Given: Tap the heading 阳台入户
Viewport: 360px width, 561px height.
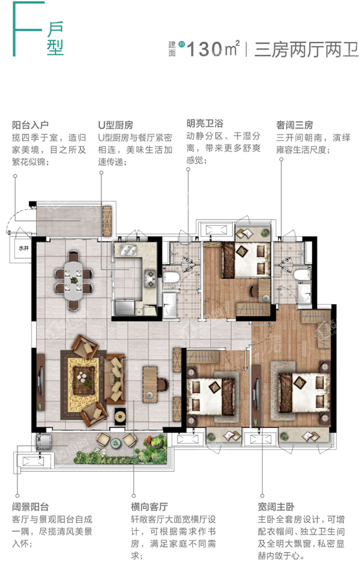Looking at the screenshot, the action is point(30,125).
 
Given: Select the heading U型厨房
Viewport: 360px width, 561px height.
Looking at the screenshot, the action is point(115,125).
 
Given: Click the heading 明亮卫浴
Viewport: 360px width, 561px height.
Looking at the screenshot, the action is point(205,123).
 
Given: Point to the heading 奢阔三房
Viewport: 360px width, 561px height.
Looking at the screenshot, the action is point(295,125).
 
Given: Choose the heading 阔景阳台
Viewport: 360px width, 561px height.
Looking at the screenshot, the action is point(30,507).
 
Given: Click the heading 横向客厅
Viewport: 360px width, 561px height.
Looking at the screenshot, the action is point(149,507).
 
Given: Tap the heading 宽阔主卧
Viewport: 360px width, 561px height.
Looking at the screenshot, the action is point(276,507).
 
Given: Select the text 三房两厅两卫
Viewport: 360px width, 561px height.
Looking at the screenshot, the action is point(306,49).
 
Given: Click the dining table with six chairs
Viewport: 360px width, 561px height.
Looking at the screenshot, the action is point(74,280).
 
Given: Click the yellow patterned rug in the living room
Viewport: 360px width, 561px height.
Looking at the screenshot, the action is point(84,385).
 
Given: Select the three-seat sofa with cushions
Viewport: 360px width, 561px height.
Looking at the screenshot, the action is point(115,379).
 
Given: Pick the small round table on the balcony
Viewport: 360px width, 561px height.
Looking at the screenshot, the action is point(115,444).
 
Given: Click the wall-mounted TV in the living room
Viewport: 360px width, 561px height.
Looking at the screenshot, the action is point(41,382).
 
